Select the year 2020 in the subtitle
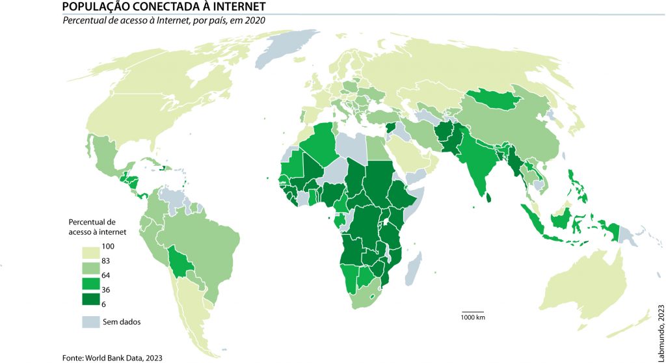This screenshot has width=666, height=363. (256, 20)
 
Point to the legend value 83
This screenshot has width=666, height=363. (107, 261)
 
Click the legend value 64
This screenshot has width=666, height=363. (107, 275)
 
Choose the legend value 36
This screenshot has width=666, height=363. (107, 290)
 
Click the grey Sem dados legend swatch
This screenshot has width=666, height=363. (90, 321)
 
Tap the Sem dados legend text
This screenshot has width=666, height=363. (122, 321)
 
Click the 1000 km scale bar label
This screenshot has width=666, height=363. (473, 317)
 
